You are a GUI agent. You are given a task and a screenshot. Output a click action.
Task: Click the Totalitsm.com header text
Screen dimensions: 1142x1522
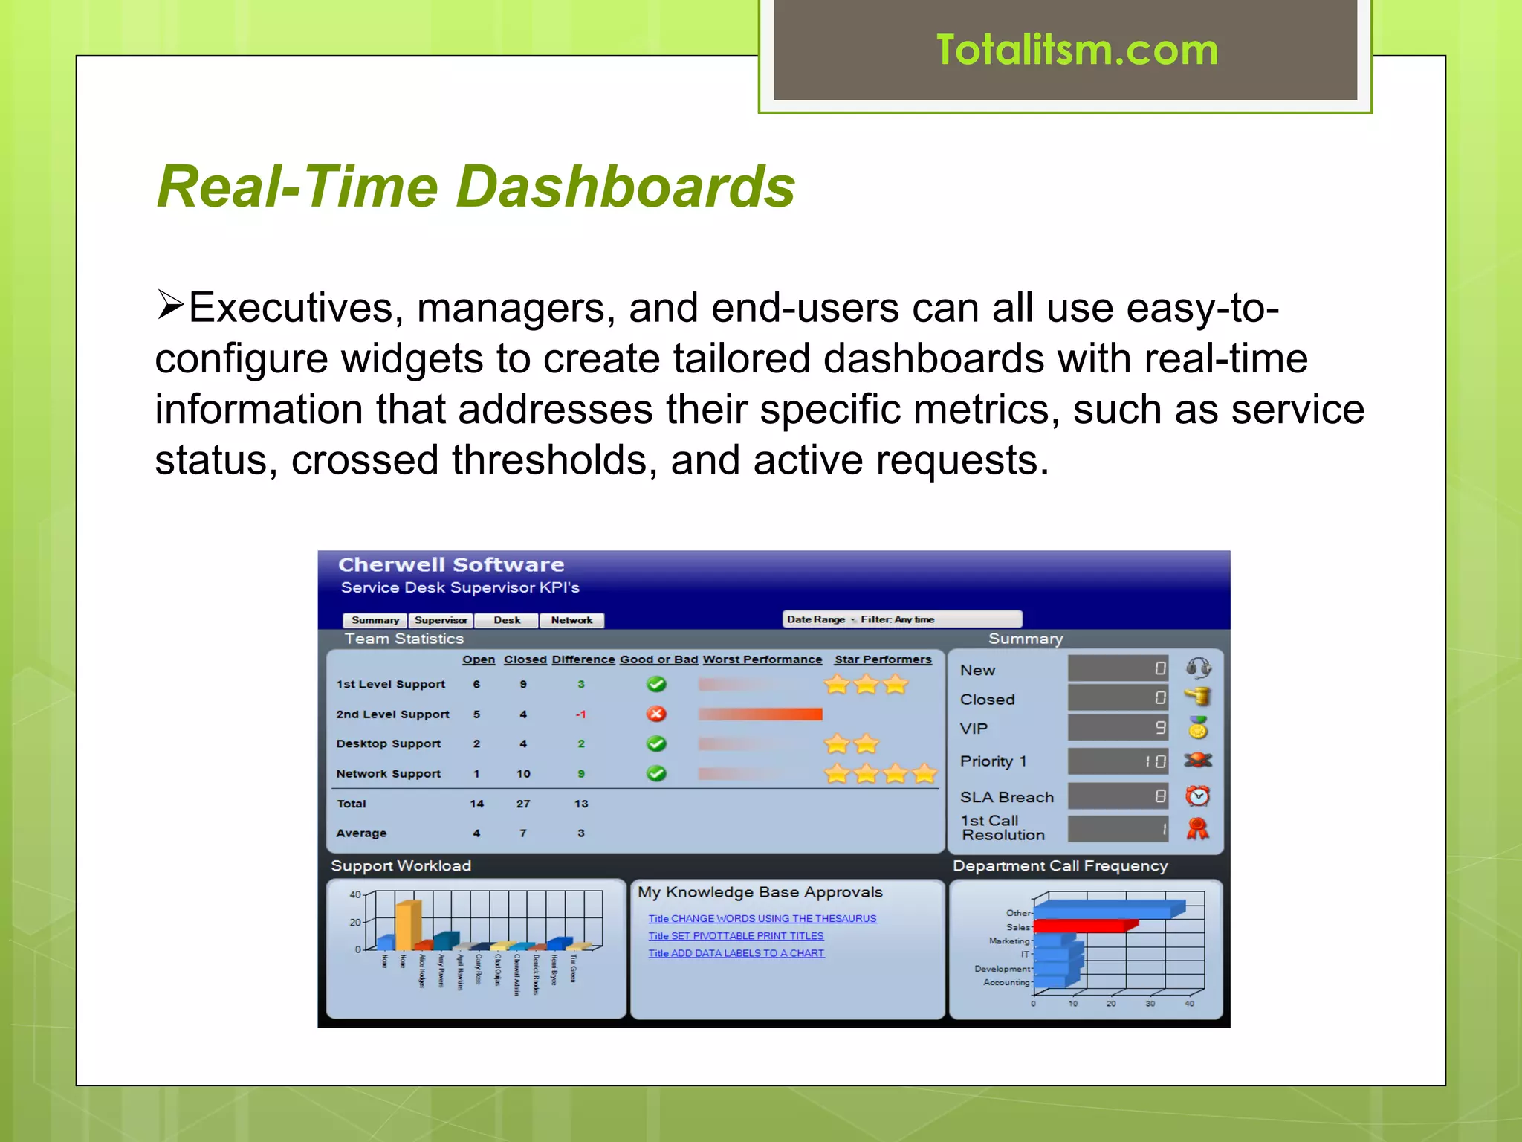pos(1076,51)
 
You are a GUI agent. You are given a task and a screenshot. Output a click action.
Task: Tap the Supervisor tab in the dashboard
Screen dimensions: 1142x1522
pos(441,620)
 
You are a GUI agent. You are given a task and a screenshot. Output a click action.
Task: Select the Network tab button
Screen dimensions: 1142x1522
pos(571,620)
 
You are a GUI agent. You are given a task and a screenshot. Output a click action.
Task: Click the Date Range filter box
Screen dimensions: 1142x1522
pos(902,619)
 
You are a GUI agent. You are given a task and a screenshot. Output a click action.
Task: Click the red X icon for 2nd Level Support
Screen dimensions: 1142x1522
pos(656,714)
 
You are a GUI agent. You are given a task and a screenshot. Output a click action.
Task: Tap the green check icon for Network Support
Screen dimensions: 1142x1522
pos(656,774)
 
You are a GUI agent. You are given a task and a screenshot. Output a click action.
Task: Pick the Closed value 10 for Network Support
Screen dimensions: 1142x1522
pos(523,774)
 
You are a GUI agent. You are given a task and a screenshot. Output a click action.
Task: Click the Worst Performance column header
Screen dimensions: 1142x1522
pos(762,659)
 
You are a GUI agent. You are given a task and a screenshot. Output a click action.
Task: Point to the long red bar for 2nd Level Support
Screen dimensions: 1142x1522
pos(760,714)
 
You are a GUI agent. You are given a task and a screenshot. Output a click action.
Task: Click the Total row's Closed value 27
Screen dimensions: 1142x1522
pos(523,804)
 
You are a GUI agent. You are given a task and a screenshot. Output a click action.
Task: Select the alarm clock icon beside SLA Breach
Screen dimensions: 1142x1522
pos(1197,796)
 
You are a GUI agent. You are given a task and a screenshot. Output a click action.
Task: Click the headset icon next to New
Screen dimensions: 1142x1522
pos(1198,668)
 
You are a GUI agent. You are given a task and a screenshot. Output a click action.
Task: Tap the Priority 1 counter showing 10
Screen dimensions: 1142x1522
pos(1118,761)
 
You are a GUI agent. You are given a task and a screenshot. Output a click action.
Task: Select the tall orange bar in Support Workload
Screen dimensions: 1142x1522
pos(407,925)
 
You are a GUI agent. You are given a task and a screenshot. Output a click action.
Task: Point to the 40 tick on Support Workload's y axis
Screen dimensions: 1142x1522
pos(355,894)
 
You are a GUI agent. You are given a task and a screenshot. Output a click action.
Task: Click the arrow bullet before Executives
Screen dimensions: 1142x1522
pos(170,306)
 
